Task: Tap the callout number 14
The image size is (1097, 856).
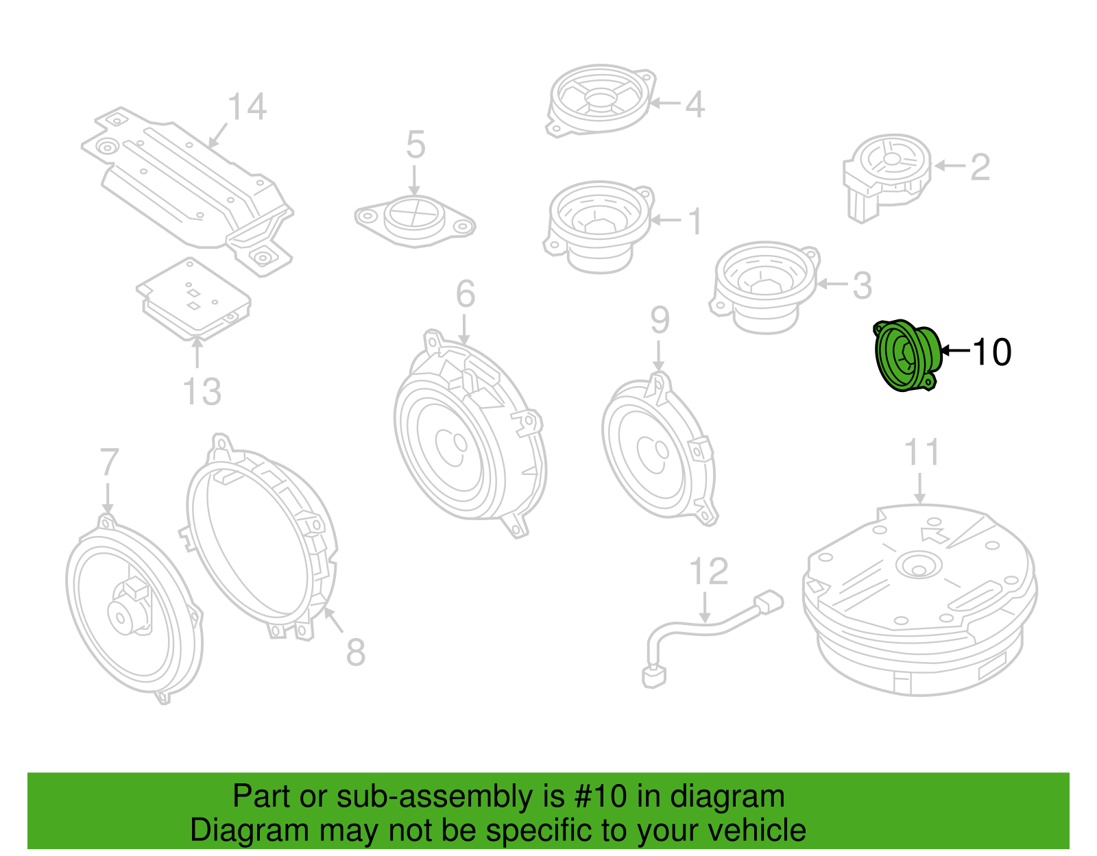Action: click(x=246, y=108)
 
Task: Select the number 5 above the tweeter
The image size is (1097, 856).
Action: click(x=415, y=145)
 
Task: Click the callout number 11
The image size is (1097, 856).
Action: click(x=921, y=453)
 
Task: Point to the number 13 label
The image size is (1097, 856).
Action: click(x=202, y=392)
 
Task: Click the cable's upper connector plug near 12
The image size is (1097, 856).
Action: click(x=769, y=602)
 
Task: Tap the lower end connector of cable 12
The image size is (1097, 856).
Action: click(x=653, y=676)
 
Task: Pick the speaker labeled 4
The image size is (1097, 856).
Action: click(x=599, y=99)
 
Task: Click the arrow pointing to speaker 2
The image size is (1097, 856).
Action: click(x=950, y=166)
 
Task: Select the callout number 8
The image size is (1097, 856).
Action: click(x=355, y=652)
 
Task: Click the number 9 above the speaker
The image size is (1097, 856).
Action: click(x=659, y=320)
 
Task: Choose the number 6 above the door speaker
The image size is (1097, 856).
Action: click(x=465, y=295)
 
